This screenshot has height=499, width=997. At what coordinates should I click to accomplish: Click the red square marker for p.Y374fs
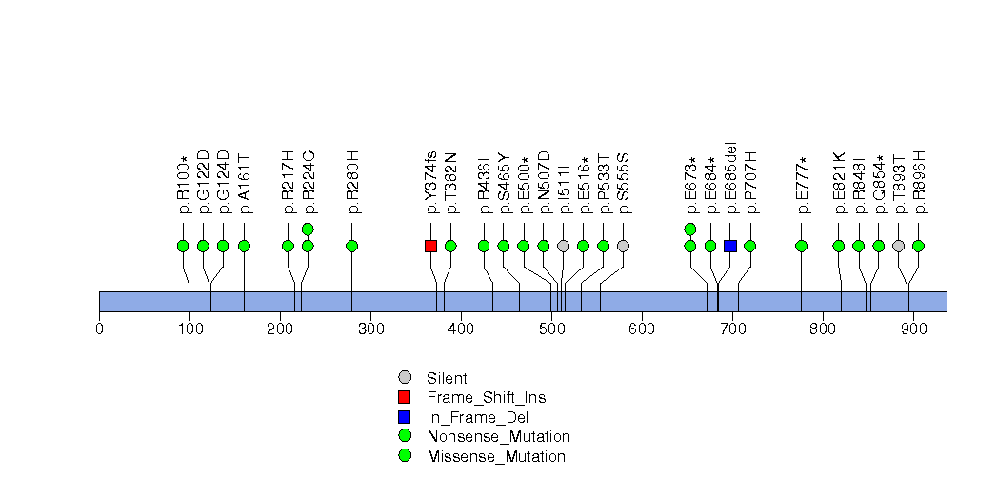click(430, 246)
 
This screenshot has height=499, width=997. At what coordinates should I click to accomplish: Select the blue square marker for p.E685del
click(730, 246)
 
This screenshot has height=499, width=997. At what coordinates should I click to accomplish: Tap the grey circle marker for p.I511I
click(563, 246)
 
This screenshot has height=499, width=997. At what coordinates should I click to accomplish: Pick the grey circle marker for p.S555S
click(623, 246)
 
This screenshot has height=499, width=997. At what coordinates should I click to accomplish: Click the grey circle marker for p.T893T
click(898, 246)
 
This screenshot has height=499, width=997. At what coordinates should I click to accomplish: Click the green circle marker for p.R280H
click(352, 246)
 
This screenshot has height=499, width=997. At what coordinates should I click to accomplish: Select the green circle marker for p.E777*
click(801, 246)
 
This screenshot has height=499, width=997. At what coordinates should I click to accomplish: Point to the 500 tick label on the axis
click(551, 329)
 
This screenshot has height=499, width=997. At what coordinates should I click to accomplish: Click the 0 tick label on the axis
click(99, 329)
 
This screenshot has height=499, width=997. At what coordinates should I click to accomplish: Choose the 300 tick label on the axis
click(370, 329)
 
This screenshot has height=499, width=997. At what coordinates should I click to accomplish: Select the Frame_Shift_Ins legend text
click(486, 397)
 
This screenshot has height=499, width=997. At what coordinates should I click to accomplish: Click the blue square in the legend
click(405, 417)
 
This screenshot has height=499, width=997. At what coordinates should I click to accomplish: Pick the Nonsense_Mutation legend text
click(498, 436)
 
